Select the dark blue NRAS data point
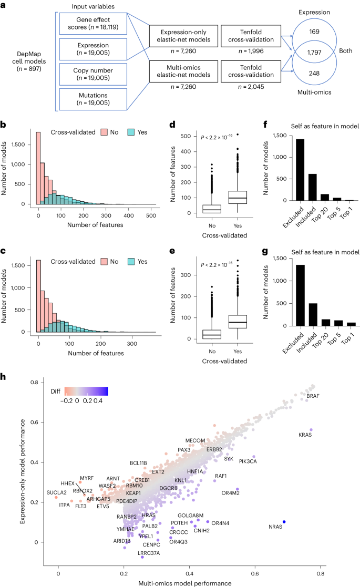coord(284,537)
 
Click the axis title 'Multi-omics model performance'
coord(185,583)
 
